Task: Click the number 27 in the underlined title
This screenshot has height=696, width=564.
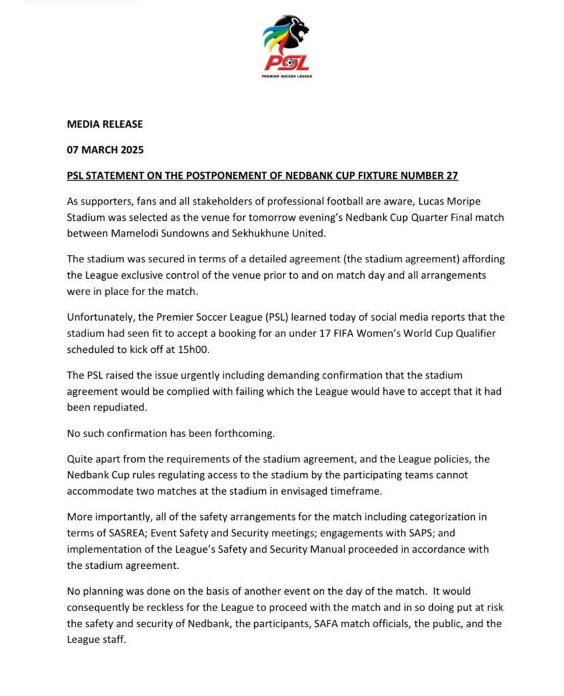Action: coord(451,176)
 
